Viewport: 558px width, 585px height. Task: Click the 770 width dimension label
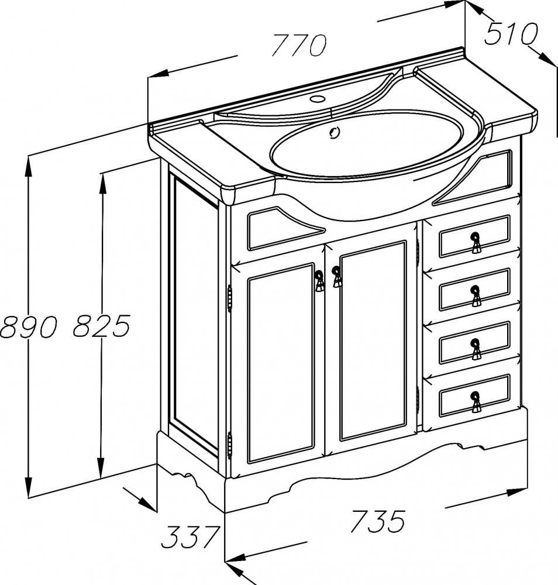tap(299, 45)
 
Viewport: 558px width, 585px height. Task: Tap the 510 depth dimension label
tap(511, 33)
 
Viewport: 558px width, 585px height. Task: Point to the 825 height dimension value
tap(101, 325)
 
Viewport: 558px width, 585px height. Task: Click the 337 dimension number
tap(190, 536)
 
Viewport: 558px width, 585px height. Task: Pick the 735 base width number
tap(378, 521)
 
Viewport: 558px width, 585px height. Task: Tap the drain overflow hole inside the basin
tap(334, 132)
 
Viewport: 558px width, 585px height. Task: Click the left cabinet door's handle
tap(319, 281)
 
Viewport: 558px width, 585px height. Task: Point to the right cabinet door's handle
tap(336, 277)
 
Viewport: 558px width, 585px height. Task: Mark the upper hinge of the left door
tap(230, 298)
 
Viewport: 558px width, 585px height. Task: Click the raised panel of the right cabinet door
tap(373, 340)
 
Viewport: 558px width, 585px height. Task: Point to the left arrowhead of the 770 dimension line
tap(157, 74)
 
